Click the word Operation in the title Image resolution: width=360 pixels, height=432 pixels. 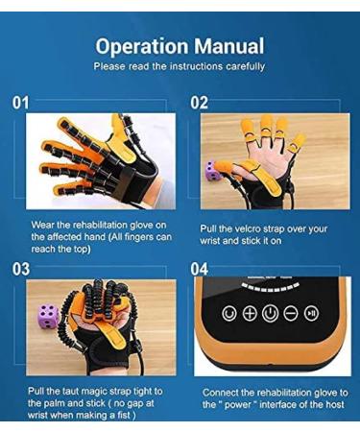pyautogui.click(x=138, y=45)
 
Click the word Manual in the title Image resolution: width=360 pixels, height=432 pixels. pyautogui.click(x=228, y=45)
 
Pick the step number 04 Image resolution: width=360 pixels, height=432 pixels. pyautogui.click(x=200, y=269)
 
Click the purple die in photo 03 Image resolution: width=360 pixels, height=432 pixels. pyautogui.click(x=47, y=316)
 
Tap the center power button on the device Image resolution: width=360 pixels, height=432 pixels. pyautogui.click(x=270, y=313)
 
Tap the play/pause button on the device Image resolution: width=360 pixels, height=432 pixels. pyautogui.click(x=311, y=313)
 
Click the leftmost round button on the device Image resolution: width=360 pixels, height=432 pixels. pyautogui.click(x=228, y=313)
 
